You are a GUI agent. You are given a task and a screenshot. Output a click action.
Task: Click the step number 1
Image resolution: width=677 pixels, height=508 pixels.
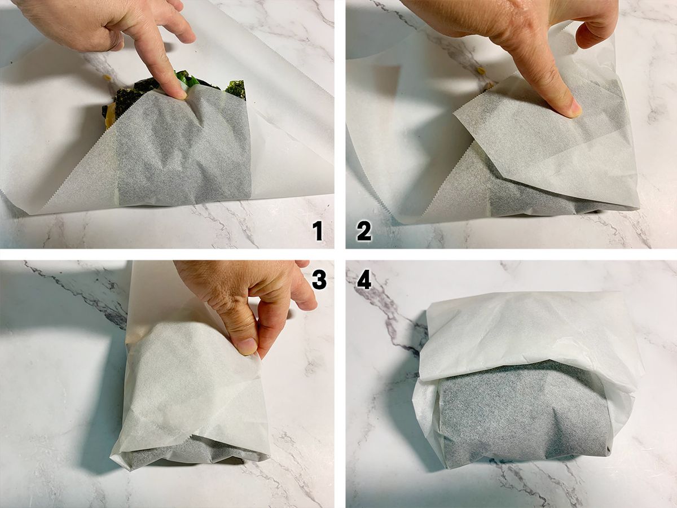pos(318,231)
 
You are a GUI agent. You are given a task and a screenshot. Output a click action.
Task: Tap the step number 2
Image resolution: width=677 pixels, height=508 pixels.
pos(364,231)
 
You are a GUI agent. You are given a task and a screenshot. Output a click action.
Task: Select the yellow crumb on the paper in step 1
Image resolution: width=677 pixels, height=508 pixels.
pos(107,77)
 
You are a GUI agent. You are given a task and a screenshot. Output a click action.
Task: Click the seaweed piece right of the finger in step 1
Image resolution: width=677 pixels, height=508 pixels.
pos(236,89)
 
